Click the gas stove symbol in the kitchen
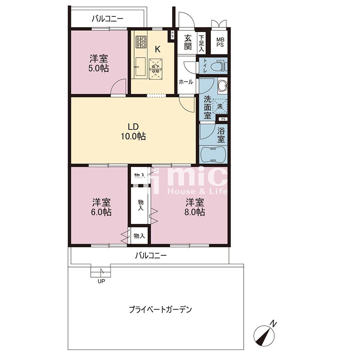click(x=141, y=42)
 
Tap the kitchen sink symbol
click(x=140, y=67)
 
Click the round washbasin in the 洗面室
click(x=222, y=86)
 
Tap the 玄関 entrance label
click(x=188, y=42)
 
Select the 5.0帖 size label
click(x=99, y=68)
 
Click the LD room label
click(x=133, y=127)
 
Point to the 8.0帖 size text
click(x=194, y=212)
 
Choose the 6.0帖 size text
click(x=101, y=212)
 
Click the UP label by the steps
click(x=101, y=281)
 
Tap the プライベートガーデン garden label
click(x=160, y=310)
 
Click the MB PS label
click(x=220, y=42)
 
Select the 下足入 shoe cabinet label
click(x=201, y=43)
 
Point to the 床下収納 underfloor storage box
click(x=156, y=69)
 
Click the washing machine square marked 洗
click(x=220, y=106)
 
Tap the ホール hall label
click(x=186, y=82)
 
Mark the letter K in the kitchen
click(x=158, y=49)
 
